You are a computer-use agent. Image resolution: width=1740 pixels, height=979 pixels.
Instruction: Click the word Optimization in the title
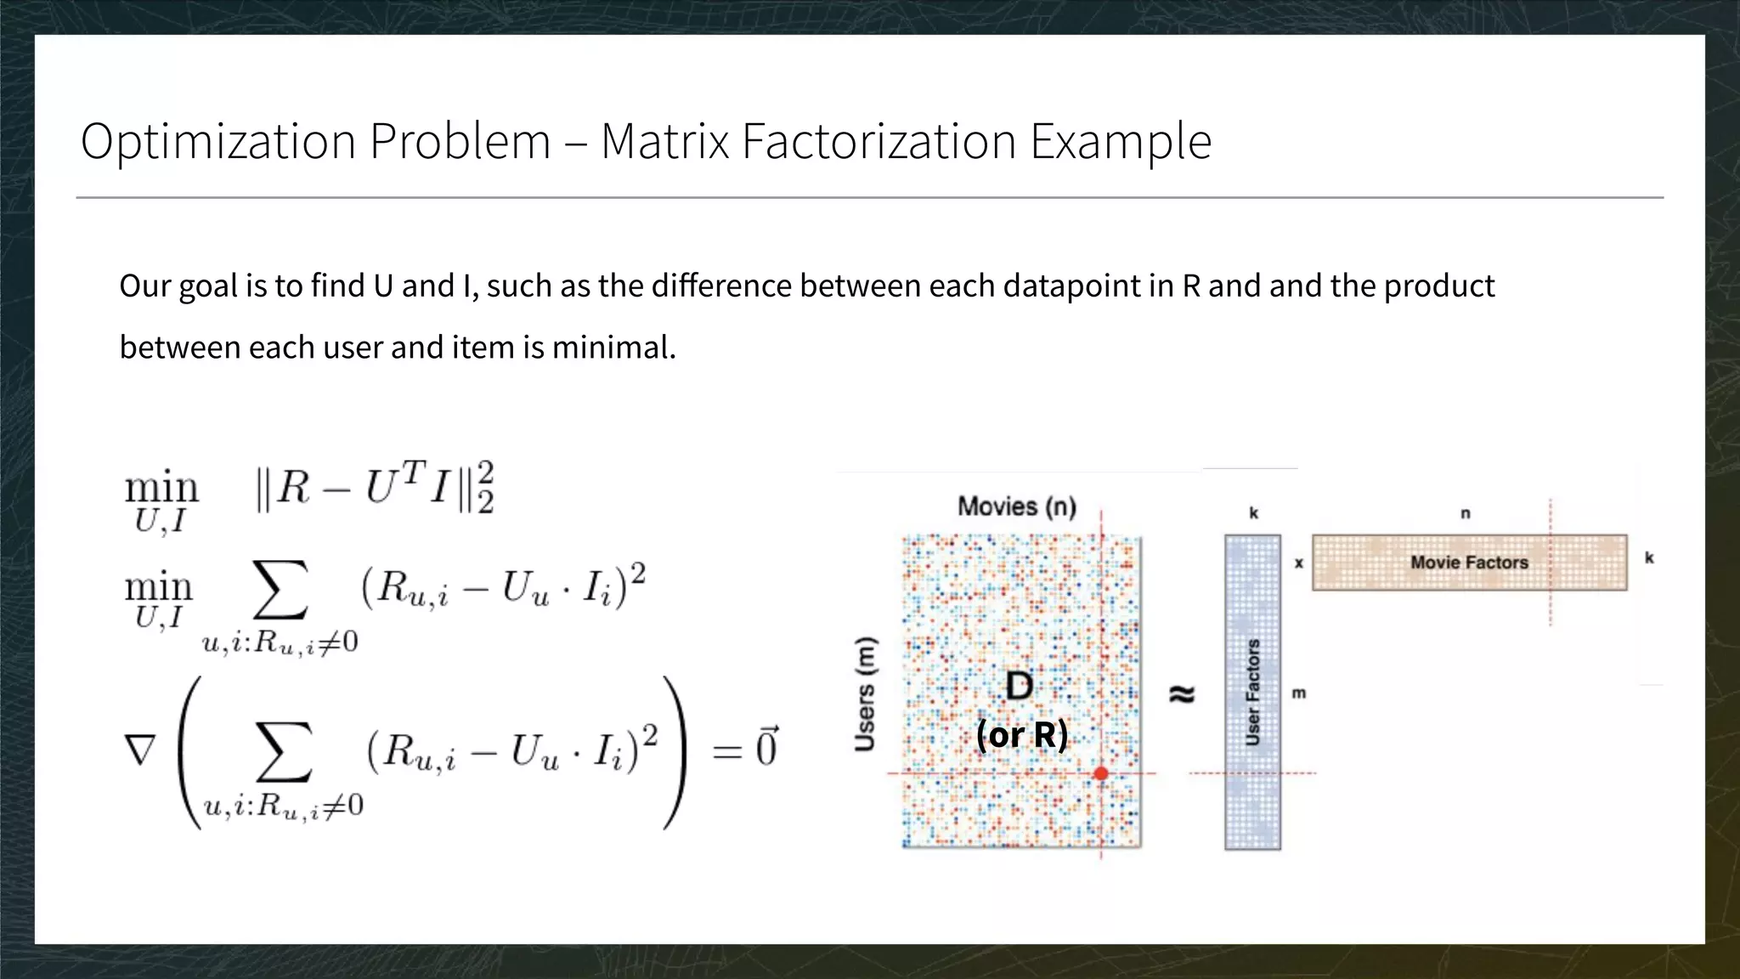click(217, 142)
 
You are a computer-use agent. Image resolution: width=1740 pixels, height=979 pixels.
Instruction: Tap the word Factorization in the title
click(878, 141)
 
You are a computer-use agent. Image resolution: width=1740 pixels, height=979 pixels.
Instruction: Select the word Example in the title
click(1121, 142)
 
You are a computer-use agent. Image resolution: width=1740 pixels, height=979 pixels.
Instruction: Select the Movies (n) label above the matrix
click(1017, 506)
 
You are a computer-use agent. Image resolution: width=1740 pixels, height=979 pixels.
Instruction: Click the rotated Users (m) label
click(865, 693)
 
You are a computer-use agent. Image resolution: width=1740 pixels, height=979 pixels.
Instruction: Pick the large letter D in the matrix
click(1020, 686)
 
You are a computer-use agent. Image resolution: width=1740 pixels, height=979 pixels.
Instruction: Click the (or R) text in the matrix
click(1021, 734)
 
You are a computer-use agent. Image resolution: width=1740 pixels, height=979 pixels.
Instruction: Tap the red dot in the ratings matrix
click(1101, 773)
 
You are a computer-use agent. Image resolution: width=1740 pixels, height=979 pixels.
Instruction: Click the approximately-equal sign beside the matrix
click(1182, 694)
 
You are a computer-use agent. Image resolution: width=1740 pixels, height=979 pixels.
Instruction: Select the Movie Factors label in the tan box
click(1469, 563)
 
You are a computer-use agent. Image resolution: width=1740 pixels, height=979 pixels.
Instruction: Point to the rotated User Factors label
click(1252, 693)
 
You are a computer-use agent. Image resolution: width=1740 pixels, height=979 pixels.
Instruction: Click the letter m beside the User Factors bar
click(1299, 693)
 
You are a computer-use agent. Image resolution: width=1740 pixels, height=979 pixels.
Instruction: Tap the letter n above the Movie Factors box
click(1465, 513)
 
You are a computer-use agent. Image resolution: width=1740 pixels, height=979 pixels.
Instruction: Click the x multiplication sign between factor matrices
click(1298, 563)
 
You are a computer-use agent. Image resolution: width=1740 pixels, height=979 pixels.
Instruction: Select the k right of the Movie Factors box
click(1649, 558)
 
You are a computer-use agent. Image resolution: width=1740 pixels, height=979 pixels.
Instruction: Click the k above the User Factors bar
click(1253, 513)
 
